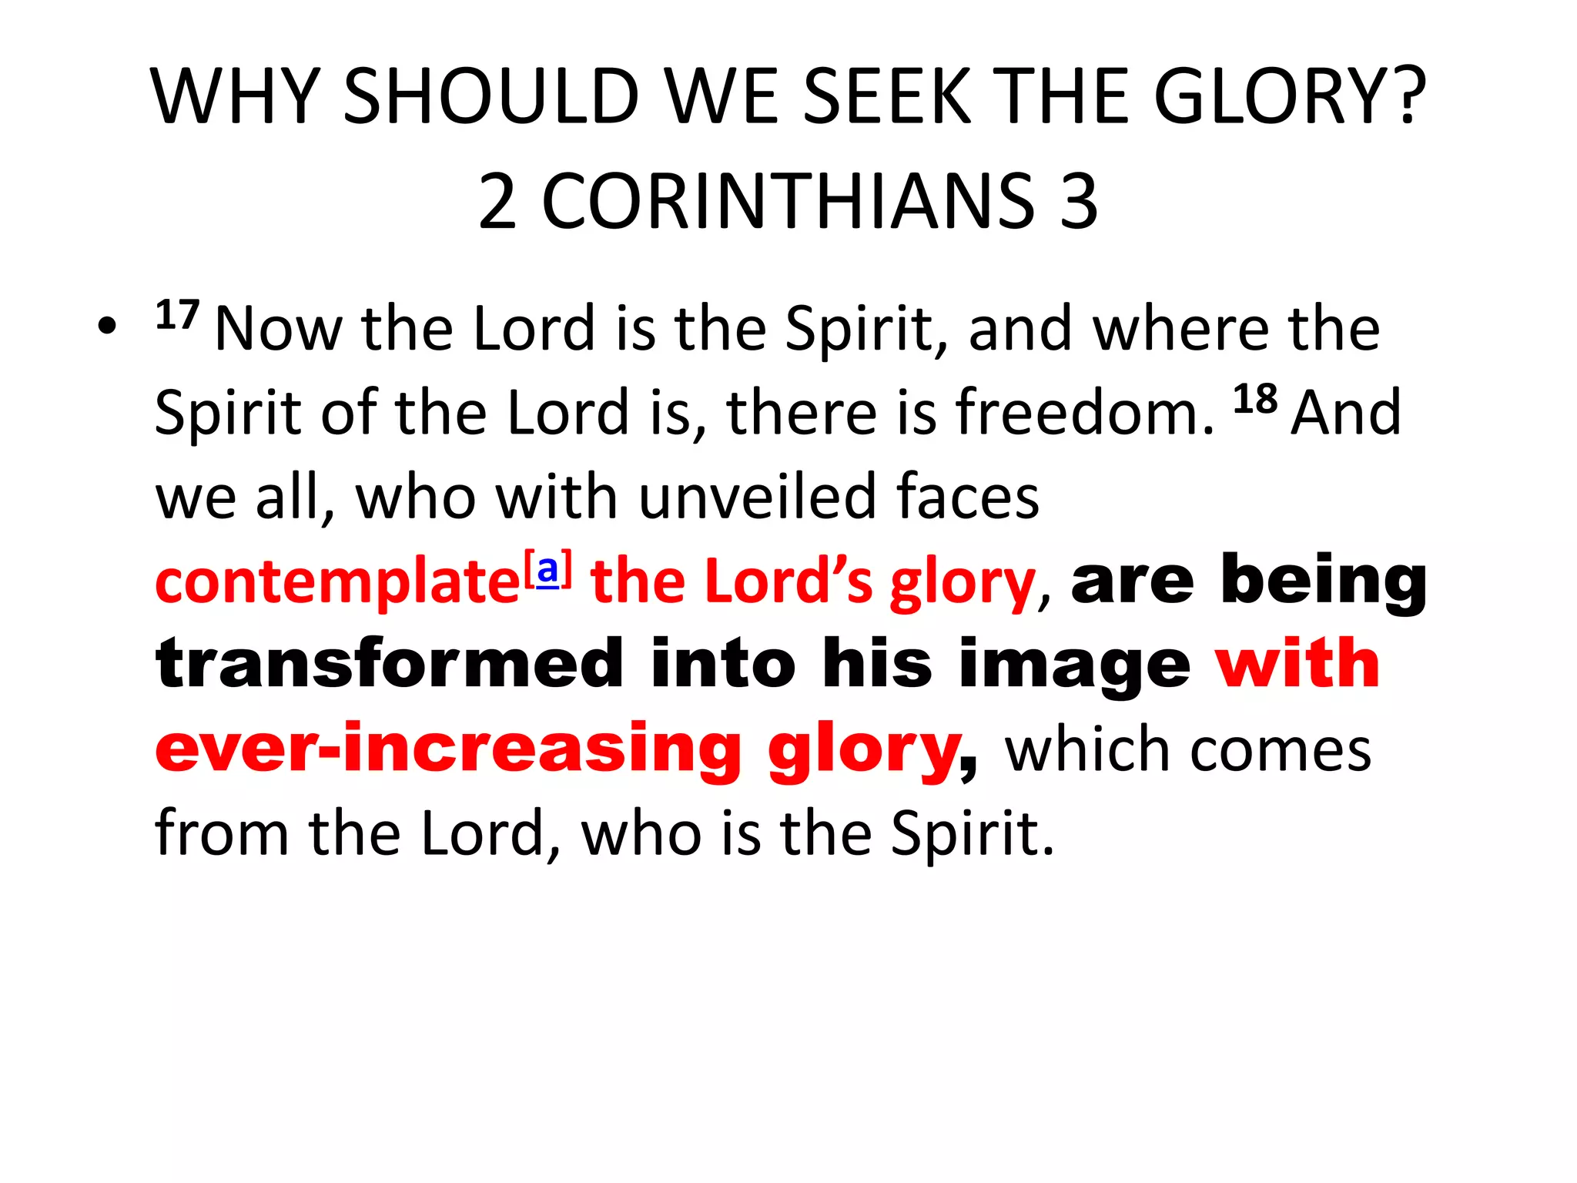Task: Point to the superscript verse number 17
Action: point(177,315)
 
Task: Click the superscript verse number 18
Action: point(1255,399)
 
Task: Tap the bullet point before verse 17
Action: point(107,327)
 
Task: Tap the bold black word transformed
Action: point(389,664)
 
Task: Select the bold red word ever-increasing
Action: point(448,749)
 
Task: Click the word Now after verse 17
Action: point(279,329)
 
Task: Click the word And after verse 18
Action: point(1346,413)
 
